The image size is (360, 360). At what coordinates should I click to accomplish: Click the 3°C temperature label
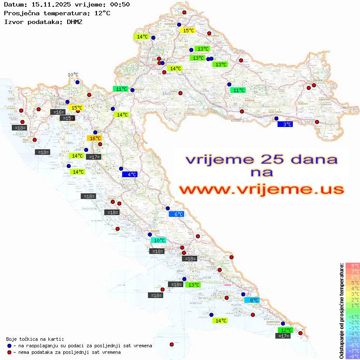click(285, 124)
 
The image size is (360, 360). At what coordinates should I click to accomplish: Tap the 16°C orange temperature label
click(95, 138)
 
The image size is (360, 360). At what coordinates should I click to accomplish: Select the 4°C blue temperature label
click(130, 175)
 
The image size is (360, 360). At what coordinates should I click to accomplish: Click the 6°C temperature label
click(176, 214)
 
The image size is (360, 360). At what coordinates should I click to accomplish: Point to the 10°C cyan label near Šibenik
click(158, 240)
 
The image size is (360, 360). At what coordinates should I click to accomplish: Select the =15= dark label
click(66, 118)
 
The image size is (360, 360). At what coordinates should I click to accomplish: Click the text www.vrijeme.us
click(261, 189)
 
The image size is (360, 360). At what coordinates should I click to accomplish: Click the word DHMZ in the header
click(75, 21)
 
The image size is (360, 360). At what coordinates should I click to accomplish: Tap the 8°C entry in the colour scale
click(353, 266)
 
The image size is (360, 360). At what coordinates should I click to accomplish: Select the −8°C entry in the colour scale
click(353, 357)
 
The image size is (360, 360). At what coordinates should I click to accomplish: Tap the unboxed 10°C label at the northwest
click(73, 75)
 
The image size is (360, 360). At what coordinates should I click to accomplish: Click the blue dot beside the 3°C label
click(276, 118)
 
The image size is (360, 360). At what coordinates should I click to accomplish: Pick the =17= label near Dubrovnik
click(284, 336)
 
